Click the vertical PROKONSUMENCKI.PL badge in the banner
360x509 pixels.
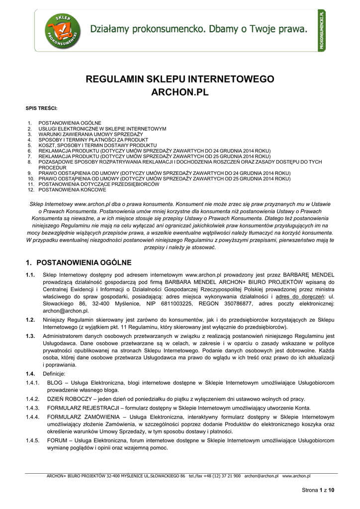click(x=322, y=30)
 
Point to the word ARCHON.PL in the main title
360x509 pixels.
click(x=180, y=93)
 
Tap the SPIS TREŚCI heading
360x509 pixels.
click(x=41, y=108)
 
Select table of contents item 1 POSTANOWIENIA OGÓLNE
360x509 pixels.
click(x=70, y=123)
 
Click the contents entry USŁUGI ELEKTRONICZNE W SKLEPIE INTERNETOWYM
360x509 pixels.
click(x=102, y=129)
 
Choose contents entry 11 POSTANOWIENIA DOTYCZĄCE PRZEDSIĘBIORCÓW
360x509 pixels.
click(x=99, y=184)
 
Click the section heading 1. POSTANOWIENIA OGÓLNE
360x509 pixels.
click(x=78, y=262)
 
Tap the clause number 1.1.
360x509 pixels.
click(x=30, y=275)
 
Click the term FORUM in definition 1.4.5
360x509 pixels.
click(x=57, y=440)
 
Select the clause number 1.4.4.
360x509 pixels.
click(x=32, y=417)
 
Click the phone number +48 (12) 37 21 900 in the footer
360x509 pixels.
click(x=221, y=476)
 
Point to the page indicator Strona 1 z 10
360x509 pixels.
click(x=318, y=490)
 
